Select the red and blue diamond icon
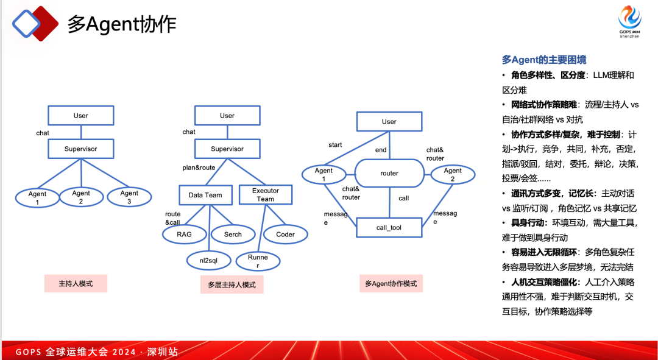click(35, 24)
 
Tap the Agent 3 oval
click(129, 197)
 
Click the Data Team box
click(205, 195)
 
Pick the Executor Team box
click(265, 195)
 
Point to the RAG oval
click(184, 234)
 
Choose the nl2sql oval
click(208, 261)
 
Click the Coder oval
click(285, 234)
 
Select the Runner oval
click(258, 261)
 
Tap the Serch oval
click(233, 234)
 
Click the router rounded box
click(389, 174)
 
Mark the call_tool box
click(389, 228)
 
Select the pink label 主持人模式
click(76, 283)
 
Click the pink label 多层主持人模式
click(232, 284)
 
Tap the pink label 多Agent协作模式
click(391, 283)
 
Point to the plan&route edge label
click(199, 167)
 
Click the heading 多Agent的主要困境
click(543, 60)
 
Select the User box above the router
click(389, 121)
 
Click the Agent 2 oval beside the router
click(453, 175)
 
